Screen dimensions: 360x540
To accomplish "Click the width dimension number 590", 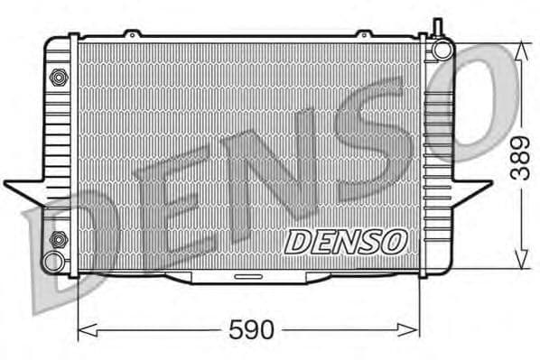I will (251, 330).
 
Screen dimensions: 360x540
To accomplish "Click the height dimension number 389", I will (520, 159).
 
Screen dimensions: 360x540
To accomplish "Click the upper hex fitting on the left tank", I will (59, 77).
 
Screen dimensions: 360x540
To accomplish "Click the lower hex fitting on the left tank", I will (59, 239).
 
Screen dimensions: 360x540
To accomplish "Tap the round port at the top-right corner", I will (442, 49).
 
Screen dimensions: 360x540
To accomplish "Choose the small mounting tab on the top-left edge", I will (133, 34).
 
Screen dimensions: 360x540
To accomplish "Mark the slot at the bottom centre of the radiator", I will (247, 274).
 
